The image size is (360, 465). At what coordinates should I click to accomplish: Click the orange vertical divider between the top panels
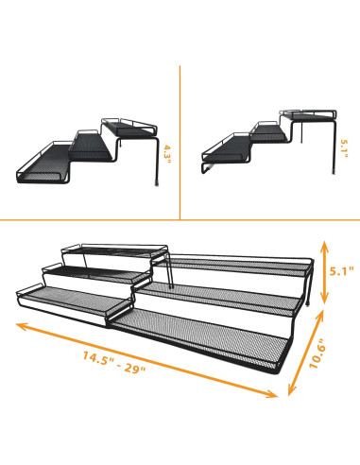180,142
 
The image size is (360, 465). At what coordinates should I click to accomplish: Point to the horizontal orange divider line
180,218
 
